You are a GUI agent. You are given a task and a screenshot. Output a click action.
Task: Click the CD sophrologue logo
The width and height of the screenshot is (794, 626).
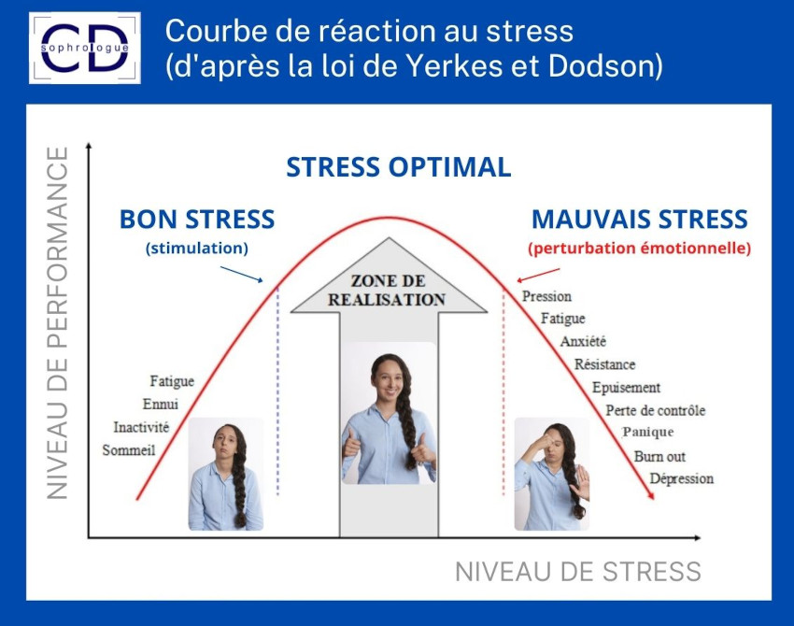point(85,48)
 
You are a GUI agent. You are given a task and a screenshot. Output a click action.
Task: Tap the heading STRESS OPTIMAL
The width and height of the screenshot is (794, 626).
point(399,167)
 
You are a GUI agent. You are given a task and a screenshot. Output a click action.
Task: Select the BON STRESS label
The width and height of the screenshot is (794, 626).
point(197,220)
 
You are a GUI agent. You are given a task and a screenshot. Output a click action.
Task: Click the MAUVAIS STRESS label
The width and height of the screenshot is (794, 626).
point(640,220)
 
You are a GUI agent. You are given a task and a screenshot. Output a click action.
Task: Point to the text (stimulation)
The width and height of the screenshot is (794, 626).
point(197,249)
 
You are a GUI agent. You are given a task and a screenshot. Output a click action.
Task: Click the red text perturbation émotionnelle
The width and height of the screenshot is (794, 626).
point(640,249)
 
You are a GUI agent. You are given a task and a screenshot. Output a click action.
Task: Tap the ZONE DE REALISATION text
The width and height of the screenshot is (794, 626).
point(387,291)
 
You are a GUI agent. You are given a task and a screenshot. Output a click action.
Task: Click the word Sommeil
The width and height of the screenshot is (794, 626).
point(129,449)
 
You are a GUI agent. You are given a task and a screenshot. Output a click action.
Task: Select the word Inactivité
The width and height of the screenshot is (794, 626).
point(141,427)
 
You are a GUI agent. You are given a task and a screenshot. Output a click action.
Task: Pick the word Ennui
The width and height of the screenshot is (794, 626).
point(161,404)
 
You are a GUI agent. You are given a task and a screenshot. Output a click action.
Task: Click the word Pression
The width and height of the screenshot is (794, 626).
point(546,296)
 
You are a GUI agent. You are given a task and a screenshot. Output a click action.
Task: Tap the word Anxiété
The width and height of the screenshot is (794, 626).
point(583,341)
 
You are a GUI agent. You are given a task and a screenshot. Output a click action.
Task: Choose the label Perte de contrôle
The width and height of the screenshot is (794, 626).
point(656,410)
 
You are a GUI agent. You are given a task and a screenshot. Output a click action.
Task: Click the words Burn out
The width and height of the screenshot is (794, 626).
point(659,456)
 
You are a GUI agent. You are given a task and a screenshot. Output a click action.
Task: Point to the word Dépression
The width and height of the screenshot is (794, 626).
point(682,478)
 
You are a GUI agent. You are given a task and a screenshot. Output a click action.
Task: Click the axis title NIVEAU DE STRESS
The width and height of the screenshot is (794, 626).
point(578,572)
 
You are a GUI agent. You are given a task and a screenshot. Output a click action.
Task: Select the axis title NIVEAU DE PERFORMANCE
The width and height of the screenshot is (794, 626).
point(57,323)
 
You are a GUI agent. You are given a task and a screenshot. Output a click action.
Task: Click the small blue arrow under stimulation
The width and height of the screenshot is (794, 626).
point(242,274)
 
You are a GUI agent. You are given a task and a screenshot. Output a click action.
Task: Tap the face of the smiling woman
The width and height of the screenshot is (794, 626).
point(388,378)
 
